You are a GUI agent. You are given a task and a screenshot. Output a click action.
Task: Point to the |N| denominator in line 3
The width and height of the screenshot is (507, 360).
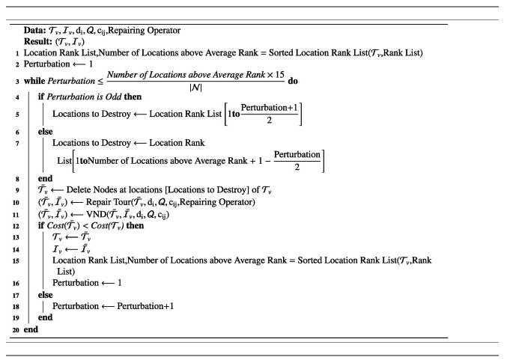193,87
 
